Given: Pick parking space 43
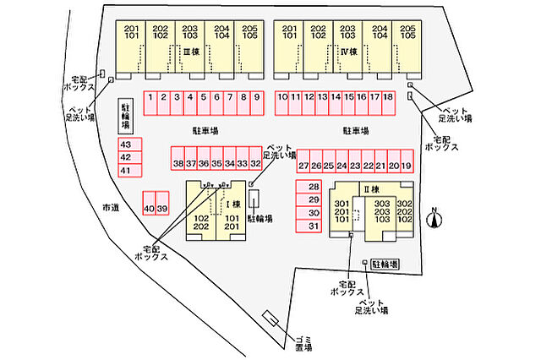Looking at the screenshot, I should point(125,145).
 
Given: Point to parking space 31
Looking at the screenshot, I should point(314,226).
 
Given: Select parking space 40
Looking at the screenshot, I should point(149,208).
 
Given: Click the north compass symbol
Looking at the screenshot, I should point(434,221).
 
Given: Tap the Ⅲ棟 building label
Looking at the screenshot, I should point(190,52).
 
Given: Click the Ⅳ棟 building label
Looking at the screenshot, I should point(345,52).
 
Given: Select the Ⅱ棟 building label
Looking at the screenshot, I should point(369,188).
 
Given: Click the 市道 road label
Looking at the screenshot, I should point(110,207).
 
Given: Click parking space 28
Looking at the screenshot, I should point(314,187).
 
